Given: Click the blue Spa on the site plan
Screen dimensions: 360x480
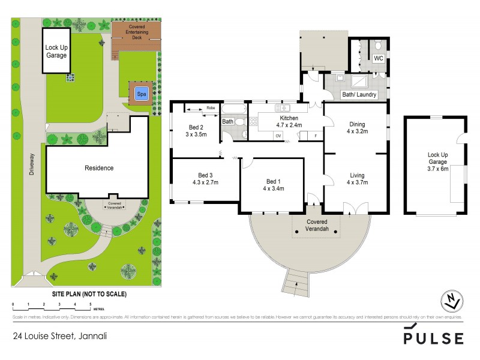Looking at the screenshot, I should point(142,94).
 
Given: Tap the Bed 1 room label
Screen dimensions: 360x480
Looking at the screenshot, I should point(273,181).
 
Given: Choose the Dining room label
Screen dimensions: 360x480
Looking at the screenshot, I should point(357,125).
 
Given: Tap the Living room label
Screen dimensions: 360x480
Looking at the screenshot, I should point(357,176).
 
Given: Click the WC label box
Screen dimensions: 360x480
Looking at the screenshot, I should point(379,59).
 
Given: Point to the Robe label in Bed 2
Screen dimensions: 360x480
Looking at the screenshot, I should point(210,109).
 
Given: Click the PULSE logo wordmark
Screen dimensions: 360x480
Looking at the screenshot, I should point(433,337).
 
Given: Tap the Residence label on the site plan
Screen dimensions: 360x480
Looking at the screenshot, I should point(99,168).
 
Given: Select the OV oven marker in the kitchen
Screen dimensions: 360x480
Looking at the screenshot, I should point(278,136).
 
